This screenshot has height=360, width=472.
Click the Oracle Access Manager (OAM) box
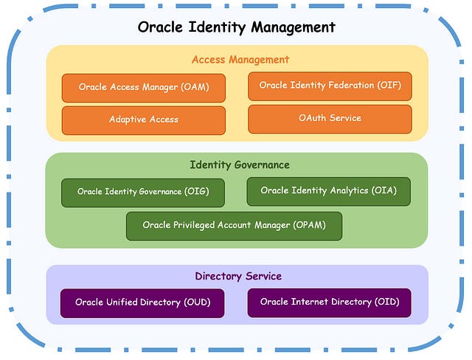pos(144,87)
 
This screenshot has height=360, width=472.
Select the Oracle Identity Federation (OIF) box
pos(330,86)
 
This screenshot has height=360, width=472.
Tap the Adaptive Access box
pos(144,120)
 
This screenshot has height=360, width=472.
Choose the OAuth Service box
pos(330,118)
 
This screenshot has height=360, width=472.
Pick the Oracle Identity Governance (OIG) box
pos(143,192)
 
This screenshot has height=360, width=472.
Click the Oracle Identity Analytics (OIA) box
pos(328,191)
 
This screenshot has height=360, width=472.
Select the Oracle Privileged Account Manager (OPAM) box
pos(234,225)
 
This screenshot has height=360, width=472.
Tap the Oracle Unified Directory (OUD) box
pos(142,302)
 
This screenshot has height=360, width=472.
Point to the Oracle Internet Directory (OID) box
pos(328,302)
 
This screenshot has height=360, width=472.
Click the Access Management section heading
pos(240,60)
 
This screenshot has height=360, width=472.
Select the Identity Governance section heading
pos(240,165)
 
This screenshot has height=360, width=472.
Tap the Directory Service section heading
pos(238,277)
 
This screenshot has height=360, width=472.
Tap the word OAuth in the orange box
pos(314,118)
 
